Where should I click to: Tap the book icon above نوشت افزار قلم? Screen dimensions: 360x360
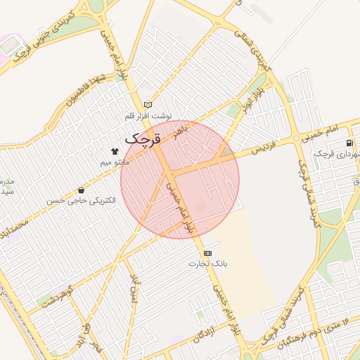click(x=148, y=104)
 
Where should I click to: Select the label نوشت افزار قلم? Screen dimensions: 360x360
click(x=148, y=115)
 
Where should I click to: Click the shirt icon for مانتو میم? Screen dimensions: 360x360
click(x=114, y=150)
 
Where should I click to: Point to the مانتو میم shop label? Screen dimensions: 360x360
click(x=114, y=162)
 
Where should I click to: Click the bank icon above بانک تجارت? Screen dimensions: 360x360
click(x=207, y=252)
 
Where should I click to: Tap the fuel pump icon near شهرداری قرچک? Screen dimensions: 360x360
click(x=349, y=143)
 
